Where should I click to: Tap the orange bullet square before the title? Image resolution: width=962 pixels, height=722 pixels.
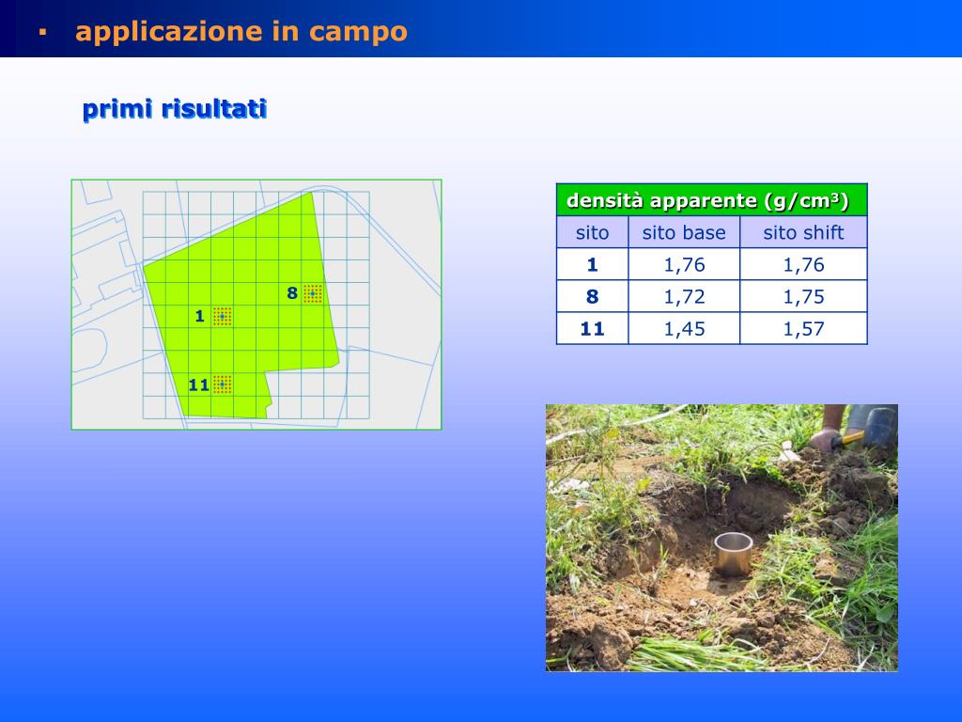point(41,32)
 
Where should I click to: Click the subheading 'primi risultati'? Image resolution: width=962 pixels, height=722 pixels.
point(175,109)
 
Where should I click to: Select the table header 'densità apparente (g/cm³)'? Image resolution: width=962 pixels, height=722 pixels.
point(706,200)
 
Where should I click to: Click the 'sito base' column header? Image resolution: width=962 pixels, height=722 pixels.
point(684,232)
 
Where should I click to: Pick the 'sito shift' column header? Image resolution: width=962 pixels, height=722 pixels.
point(803,232)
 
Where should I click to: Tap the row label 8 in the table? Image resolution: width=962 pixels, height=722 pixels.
point(592,296)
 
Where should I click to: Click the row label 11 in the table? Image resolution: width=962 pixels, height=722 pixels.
point(592,328)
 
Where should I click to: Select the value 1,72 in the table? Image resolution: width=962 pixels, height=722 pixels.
point(684,296)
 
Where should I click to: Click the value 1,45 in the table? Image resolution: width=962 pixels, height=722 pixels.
point(684,328)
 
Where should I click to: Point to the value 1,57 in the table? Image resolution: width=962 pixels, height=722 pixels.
point(803,328)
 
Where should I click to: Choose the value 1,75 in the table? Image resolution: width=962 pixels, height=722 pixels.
point(803,296)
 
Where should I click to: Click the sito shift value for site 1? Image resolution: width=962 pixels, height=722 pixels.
point(803,264)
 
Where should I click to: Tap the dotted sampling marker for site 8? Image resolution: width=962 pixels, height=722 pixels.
point(313,293)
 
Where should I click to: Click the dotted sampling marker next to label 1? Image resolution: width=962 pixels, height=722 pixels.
point(222,316)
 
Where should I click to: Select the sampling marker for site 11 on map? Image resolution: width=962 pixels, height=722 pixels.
point(222,384)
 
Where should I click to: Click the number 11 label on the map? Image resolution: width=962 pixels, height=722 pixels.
point(198,385)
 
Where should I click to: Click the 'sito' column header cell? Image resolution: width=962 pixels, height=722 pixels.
point(592,232)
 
